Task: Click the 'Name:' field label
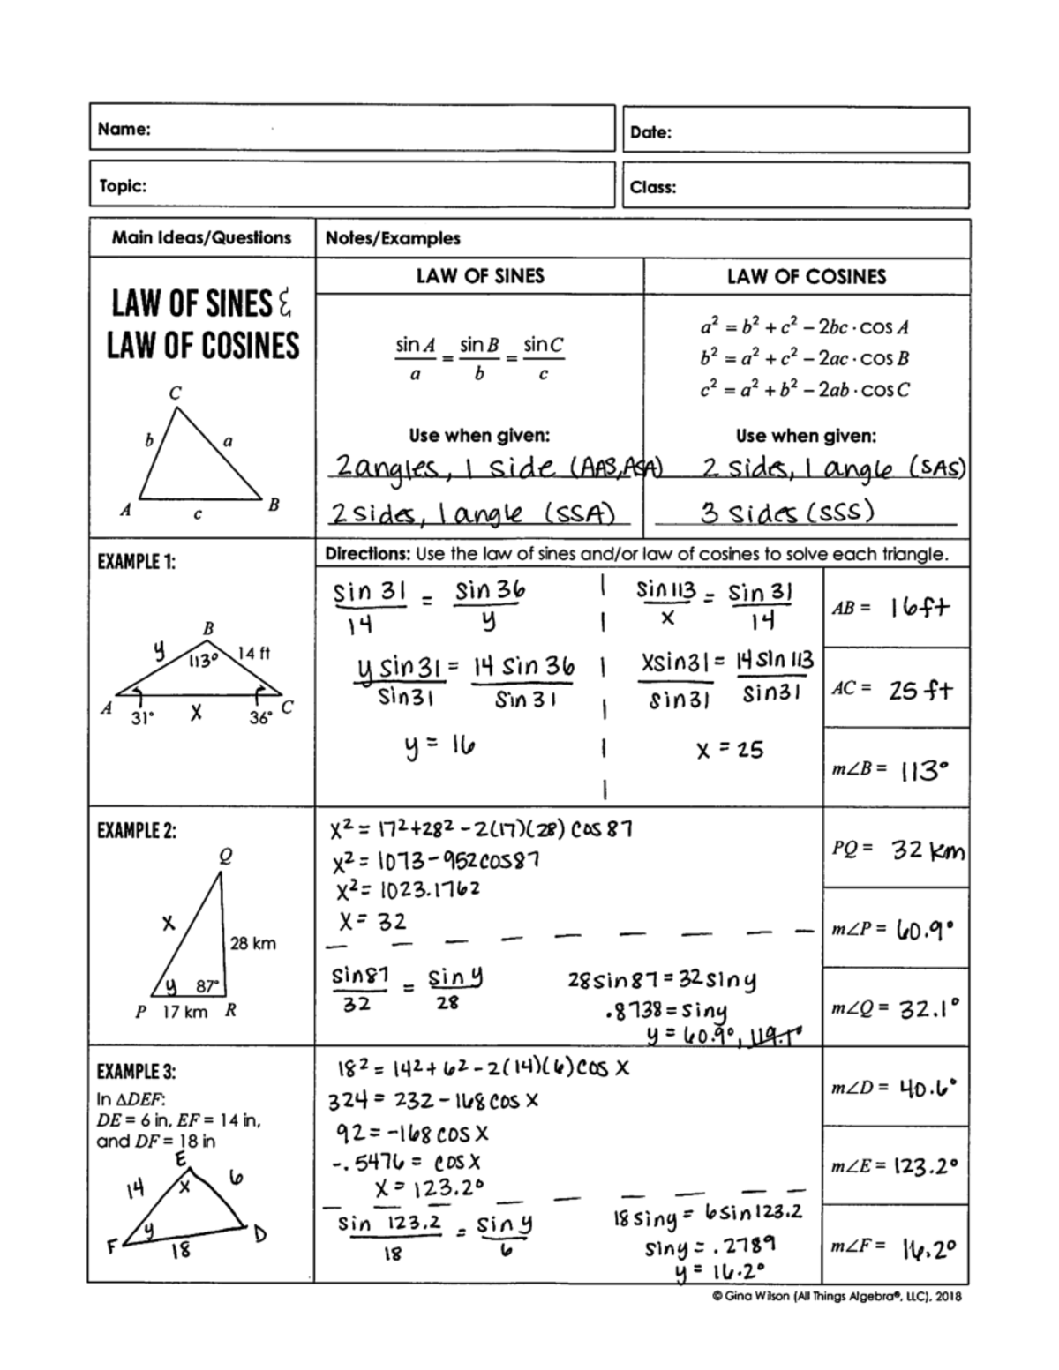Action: coord(124,129)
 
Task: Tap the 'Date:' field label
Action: coord(651,132)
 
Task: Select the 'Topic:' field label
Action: coord(123,185)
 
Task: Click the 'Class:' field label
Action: coord(653,187)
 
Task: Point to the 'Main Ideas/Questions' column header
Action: coord(201,237)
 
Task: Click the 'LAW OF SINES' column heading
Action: coord(480,276)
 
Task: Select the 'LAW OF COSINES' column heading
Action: coord(806,277)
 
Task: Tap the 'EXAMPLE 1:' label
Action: coord(137,561)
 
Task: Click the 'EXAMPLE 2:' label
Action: coord(137,830)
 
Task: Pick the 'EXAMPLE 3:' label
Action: coord(137,1071)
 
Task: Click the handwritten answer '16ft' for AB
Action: coord(920,608)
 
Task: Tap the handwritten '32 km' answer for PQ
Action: coord(928,850)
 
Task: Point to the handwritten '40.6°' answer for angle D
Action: coord(927,1088)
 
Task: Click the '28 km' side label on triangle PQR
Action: coord(252,943)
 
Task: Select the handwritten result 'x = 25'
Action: coord(729,750)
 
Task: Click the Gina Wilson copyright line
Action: coord(836,1296)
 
